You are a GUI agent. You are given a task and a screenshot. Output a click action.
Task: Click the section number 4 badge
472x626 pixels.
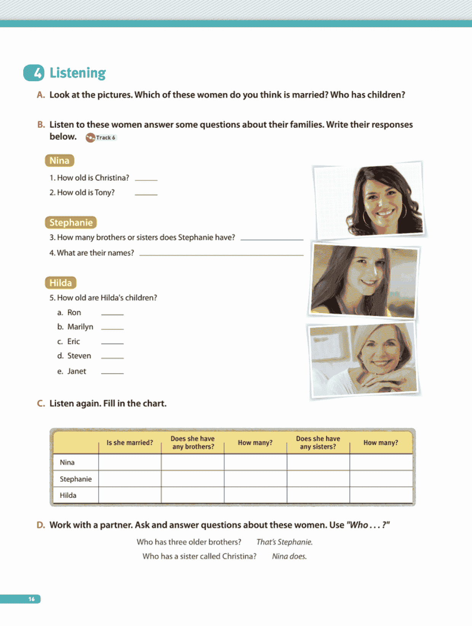coord(34,73)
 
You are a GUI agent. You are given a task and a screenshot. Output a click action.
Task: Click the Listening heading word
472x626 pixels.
coord(78,73)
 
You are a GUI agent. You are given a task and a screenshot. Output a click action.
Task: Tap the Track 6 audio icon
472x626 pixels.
coord(90,138)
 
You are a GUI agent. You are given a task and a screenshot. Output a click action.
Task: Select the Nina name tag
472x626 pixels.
coord(59,161)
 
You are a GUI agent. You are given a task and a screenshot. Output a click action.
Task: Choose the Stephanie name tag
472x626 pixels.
coord(71,223)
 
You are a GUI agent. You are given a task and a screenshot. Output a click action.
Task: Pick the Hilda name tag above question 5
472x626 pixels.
coord(61,283)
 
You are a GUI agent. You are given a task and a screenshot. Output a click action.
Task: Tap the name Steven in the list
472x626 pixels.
coord(79,356)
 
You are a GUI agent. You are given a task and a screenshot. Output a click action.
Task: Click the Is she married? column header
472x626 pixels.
coord(130,443)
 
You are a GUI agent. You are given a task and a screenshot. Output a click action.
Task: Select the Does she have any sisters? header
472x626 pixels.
coord(318,443)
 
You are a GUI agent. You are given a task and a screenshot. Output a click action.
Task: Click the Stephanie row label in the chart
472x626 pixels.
coord(76,479)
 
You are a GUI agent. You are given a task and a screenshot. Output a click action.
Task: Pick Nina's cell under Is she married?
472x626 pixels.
coord(130,462)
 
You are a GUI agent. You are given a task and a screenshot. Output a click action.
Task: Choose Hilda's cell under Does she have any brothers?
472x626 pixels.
coord(193,495)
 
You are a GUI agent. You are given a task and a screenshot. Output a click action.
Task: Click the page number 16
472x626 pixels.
coord(32,599)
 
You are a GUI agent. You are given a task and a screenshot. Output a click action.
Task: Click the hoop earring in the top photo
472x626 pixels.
coord(366,218)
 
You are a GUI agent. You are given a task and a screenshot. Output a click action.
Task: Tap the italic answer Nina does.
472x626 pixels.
coord(289,557)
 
